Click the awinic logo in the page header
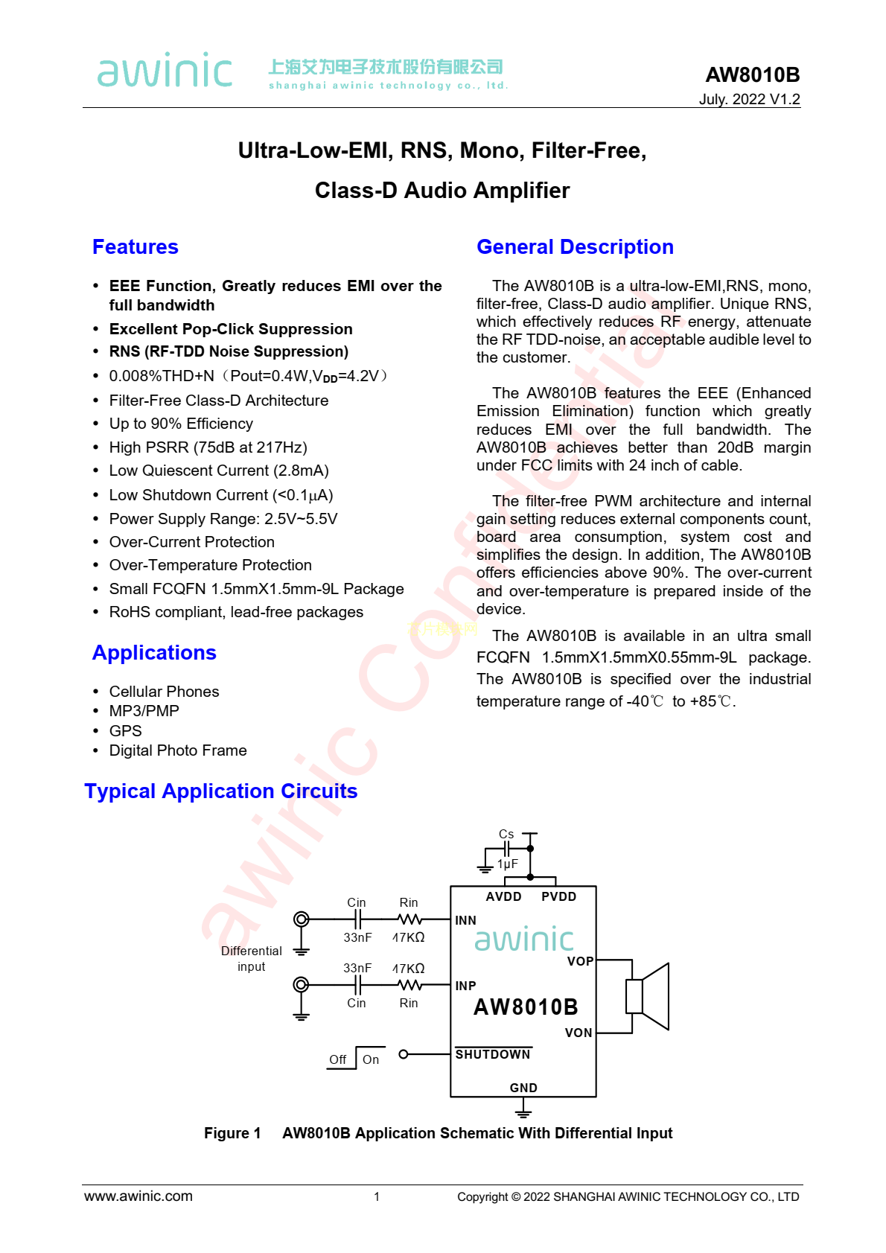pyautogui.click(x=165, y=71)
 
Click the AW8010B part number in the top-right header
pyautogui.click(x=752, y=74)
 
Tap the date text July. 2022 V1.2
pyautogui.click(x=749, y=99)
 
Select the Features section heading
pyautogui.click(x=136, y=247)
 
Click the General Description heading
pyautogui.click(x=575, y=247)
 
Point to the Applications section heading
pyautogui.click(x=154, y=653)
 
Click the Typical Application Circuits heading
pyautogui.click(x=221, y=791)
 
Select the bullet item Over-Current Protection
pyautogui.click(x=191, y=542)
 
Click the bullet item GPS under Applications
pyautogui.click(x=125, y=731)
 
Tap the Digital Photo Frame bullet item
pyautogui.click(x=178, y=750)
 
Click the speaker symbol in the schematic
pyautogui.click(x=647, y=996)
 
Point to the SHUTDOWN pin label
pyautogui.click(x=493, y=1054)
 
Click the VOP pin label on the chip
pyautogui.click(x=580, y=961)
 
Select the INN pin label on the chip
pyautogui.click(x=465, y=920)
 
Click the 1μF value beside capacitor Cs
pyautogui.click(x=508, y=864)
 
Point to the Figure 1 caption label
pyautogui.click(x=232, y=1133)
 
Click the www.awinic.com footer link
pyautogui.click(x=138, y=1196)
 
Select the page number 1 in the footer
pyautogui.click(x=377, y=1196)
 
